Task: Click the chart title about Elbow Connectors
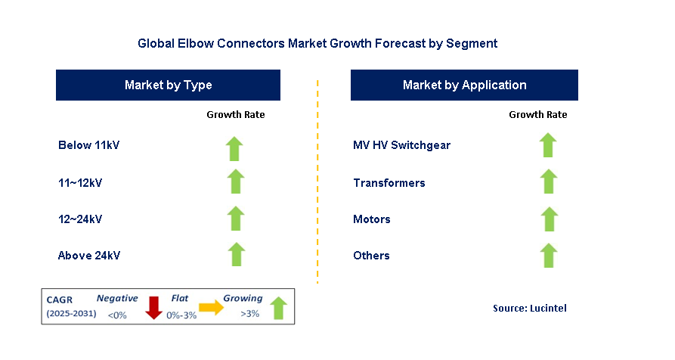pos(317,43)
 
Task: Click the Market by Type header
pos(168,85)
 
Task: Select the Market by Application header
pos(464,85)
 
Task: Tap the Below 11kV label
pos(88,144)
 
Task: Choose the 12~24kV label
pos(80,219)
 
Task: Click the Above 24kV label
pos(89,256)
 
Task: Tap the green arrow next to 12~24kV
pos(236,219)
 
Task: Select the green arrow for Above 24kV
pos(236,255)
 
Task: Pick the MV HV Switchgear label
pos(401,144)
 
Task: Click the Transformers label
pos(389,182)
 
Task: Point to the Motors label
pos(372,219)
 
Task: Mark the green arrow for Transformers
pos(549,182)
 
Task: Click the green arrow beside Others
pos(549,255)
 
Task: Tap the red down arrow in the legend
pos(154,307)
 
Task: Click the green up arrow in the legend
pos(278,307)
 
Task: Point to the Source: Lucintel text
pos(529,308)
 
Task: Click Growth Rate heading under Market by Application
pos(537,115)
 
